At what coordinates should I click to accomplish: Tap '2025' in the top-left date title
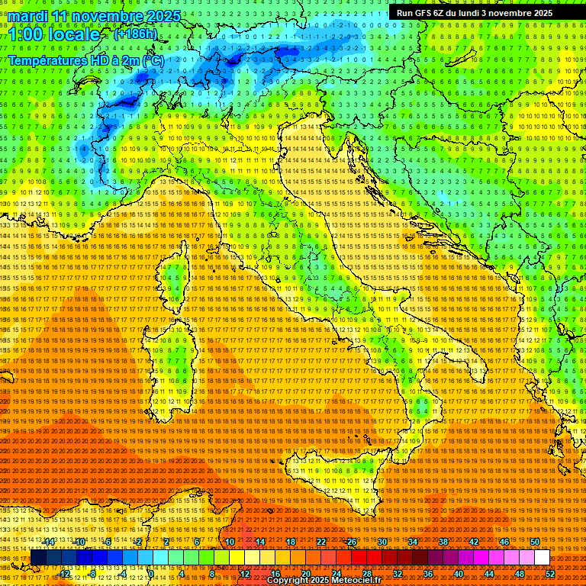163,16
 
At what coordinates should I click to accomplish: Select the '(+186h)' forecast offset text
136,34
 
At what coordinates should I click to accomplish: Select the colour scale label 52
550,573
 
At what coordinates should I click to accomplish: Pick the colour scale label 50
535,542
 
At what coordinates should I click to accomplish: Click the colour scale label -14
48,542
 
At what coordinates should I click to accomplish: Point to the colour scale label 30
382,542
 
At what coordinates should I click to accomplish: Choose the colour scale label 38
443,542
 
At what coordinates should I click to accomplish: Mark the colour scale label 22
321,542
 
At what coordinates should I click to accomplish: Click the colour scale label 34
413,542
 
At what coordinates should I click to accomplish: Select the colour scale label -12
64,573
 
